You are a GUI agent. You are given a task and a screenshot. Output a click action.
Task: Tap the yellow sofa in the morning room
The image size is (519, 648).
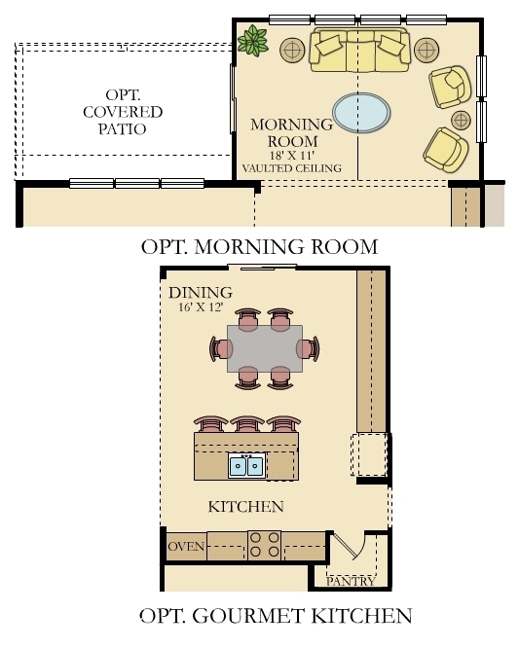pos(359,53)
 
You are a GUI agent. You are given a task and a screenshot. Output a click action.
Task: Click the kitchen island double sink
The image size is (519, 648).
pos(246,466)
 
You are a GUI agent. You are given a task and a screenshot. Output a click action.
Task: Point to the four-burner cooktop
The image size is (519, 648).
pos(264,545)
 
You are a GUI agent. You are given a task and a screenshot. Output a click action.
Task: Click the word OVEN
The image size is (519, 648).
pos(187,547)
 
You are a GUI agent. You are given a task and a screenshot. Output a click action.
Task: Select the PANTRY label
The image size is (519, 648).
pos(350,581)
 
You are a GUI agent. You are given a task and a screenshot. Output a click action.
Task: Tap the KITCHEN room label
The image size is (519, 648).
pos(246,507)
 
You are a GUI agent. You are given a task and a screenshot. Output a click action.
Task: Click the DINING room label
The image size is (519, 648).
pos(200,293)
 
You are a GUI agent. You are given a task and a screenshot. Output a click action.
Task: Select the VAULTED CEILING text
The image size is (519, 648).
pos(292,168)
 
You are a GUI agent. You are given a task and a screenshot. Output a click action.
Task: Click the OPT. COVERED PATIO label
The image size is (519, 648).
pos(122,112)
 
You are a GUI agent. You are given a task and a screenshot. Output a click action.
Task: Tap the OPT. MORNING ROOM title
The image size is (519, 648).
pos(259,246)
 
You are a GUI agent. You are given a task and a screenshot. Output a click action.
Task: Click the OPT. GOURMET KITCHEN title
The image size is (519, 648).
pos(276,616)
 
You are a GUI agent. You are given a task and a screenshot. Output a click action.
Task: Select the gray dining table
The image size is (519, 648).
pos(264,348)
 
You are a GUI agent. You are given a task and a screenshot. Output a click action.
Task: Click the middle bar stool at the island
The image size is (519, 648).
pos(246,424)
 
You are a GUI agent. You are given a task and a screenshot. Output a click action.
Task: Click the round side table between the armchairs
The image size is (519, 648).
pos(461,120)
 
